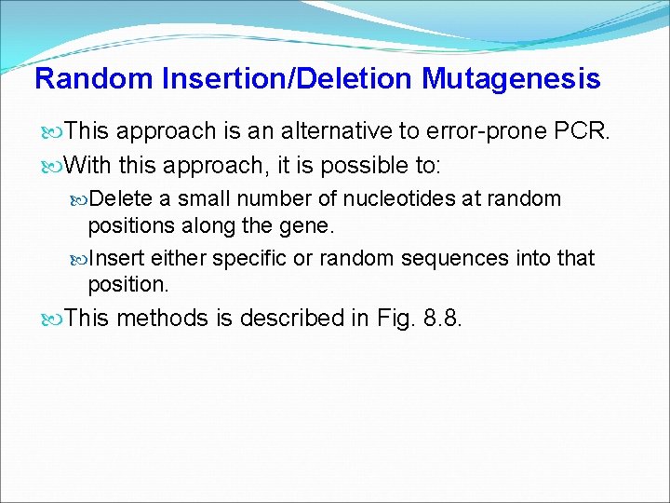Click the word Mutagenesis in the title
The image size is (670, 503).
click(x=511, y=79)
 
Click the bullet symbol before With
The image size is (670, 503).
click(x=55, y=165)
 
